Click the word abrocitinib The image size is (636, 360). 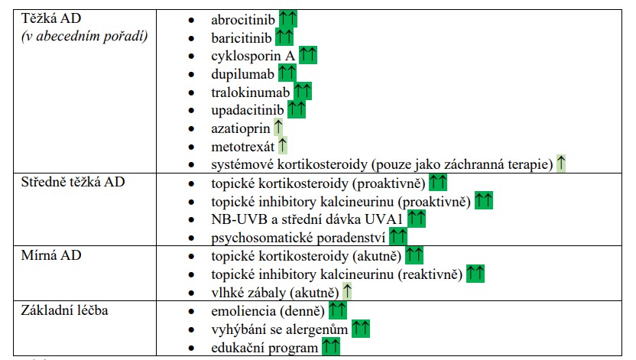(242, 20)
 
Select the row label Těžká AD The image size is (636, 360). (51, 18)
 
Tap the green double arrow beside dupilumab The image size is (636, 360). (287, 73)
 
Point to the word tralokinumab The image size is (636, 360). (250, 92)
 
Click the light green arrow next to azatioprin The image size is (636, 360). (277, 128)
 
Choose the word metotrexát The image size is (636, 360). (242, 147)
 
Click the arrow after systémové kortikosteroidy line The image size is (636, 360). (561, 163)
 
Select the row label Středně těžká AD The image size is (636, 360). (73, 182)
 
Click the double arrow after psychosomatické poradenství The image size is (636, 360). (398, 236)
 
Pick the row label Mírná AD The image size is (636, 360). (51, 255)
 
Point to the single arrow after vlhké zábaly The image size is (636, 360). (347, 291)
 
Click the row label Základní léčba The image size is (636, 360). (64, 310)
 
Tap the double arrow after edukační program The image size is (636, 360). (331, 346)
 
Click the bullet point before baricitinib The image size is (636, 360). (191, 38)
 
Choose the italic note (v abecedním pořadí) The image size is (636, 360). (84, 37)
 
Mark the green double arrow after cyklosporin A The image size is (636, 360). (308, 55)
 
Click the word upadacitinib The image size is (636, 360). (248, 110)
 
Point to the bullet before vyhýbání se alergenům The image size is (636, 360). (191, 329)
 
